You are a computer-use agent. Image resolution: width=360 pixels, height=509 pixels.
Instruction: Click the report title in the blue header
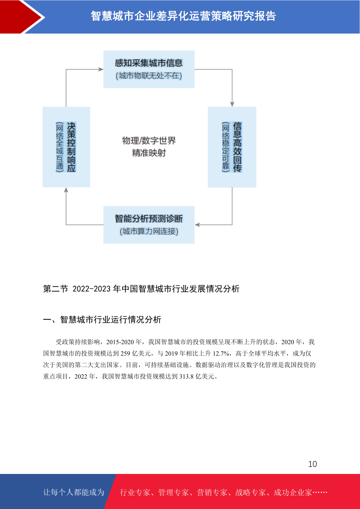[183, 16]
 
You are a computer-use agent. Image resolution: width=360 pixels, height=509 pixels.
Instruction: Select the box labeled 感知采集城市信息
[149, 69]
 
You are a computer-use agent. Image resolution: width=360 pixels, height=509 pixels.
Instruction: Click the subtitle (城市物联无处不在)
[149, 76]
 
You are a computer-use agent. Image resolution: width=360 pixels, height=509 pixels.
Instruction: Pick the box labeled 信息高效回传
[232, 147]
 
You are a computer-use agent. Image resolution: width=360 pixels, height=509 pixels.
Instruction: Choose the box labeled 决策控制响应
[66, 147]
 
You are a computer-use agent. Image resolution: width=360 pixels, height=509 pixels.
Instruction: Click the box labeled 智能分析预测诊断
[149, 225]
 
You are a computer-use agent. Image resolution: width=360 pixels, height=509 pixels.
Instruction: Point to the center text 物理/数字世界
[149, 141]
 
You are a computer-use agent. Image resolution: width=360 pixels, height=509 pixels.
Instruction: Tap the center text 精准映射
[149, 153]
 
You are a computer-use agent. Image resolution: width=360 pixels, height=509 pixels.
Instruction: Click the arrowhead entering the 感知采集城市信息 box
[101, 69]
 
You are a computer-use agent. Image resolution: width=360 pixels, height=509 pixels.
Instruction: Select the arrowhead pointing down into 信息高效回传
[232, 104]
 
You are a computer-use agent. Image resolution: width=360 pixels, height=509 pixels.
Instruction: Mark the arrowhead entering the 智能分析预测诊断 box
[197, 225]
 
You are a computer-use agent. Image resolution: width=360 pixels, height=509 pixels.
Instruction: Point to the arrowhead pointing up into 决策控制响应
[66, 190]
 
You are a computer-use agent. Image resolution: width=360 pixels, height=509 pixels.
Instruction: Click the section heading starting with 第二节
[141, 289]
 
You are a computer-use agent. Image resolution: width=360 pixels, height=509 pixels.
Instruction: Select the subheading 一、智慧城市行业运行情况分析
[102, 320]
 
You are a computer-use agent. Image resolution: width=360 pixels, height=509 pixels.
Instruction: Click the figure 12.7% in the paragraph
[221, 354]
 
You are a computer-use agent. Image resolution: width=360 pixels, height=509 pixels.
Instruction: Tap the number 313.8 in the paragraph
[186, 377]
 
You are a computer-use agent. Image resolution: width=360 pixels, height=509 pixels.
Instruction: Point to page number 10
[313, 464]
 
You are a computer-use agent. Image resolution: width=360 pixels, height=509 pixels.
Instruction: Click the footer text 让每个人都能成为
[74, 492]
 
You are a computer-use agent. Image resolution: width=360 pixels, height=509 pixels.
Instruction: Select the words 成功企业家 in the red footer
[293, 492]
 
